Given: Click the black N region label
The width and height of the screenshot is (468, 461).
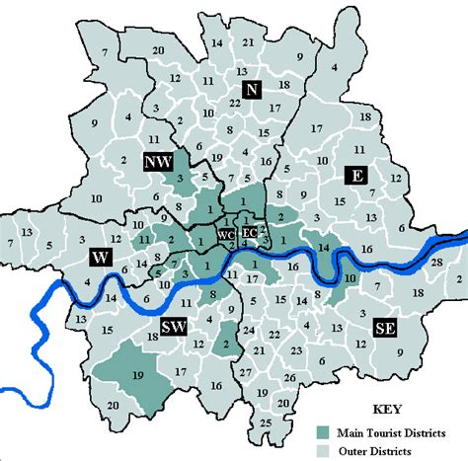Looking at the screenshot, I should click(x=252, y=91).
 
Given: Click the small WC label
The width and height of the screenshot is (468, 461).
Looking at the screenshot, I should click(x=227, y=234).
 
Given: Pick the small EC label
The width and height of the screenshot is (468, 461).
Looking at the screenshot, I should click(x=250, y=233).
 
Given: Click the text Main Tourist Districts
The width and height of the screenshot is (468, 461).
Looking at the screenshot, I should click(x=401, y=430).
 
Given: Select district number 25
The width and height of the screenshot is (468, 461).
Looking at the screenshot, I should click(x=266, y=423).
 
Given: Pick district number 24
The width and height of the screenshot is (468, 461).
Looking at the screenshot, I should click(x=249, y=329).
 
